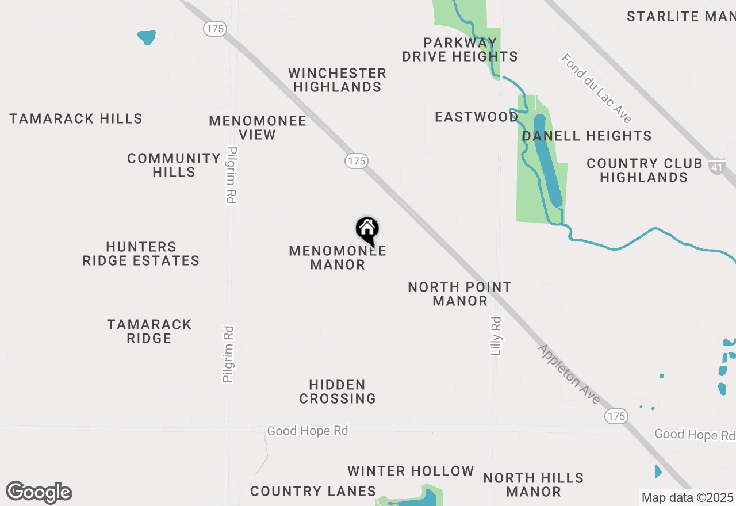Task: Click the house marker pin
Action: click(x=367, y=230)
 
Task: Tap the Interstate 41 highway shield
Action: click(x=716, y=167)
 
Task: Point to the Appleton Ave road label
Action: click(x=569, y=374)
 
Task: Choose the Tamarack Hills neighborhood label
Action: click(x=76, y=119)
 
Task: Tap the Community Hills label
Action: click(x=174, y=165)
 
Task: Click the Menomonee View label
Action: click(x=258, y=128)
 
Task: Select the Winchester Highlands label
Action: click(x=338, y=80)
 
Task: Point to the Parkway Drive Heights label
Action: click(x=460, y=49)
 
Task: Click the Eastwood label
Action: click(x=477, y=117)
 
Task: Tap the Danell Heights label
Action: click(x=587, y=136)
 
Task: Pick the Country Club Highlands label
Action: click(x=645, y=170)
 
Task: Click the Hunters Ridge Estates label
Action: click(x=141, y=254)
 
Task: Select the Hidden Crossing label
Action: click(x=338, y=392)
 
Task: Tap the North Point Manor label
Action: click(x=460, y=294)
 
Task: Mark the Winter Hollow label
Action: click(x=411, y=471)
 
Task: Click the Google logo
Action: click(x=39, y=492)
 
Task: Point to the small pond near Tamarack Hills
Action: click(x=147, y=37)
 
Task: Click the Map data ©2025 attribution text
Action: click(x=688, y=497)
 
